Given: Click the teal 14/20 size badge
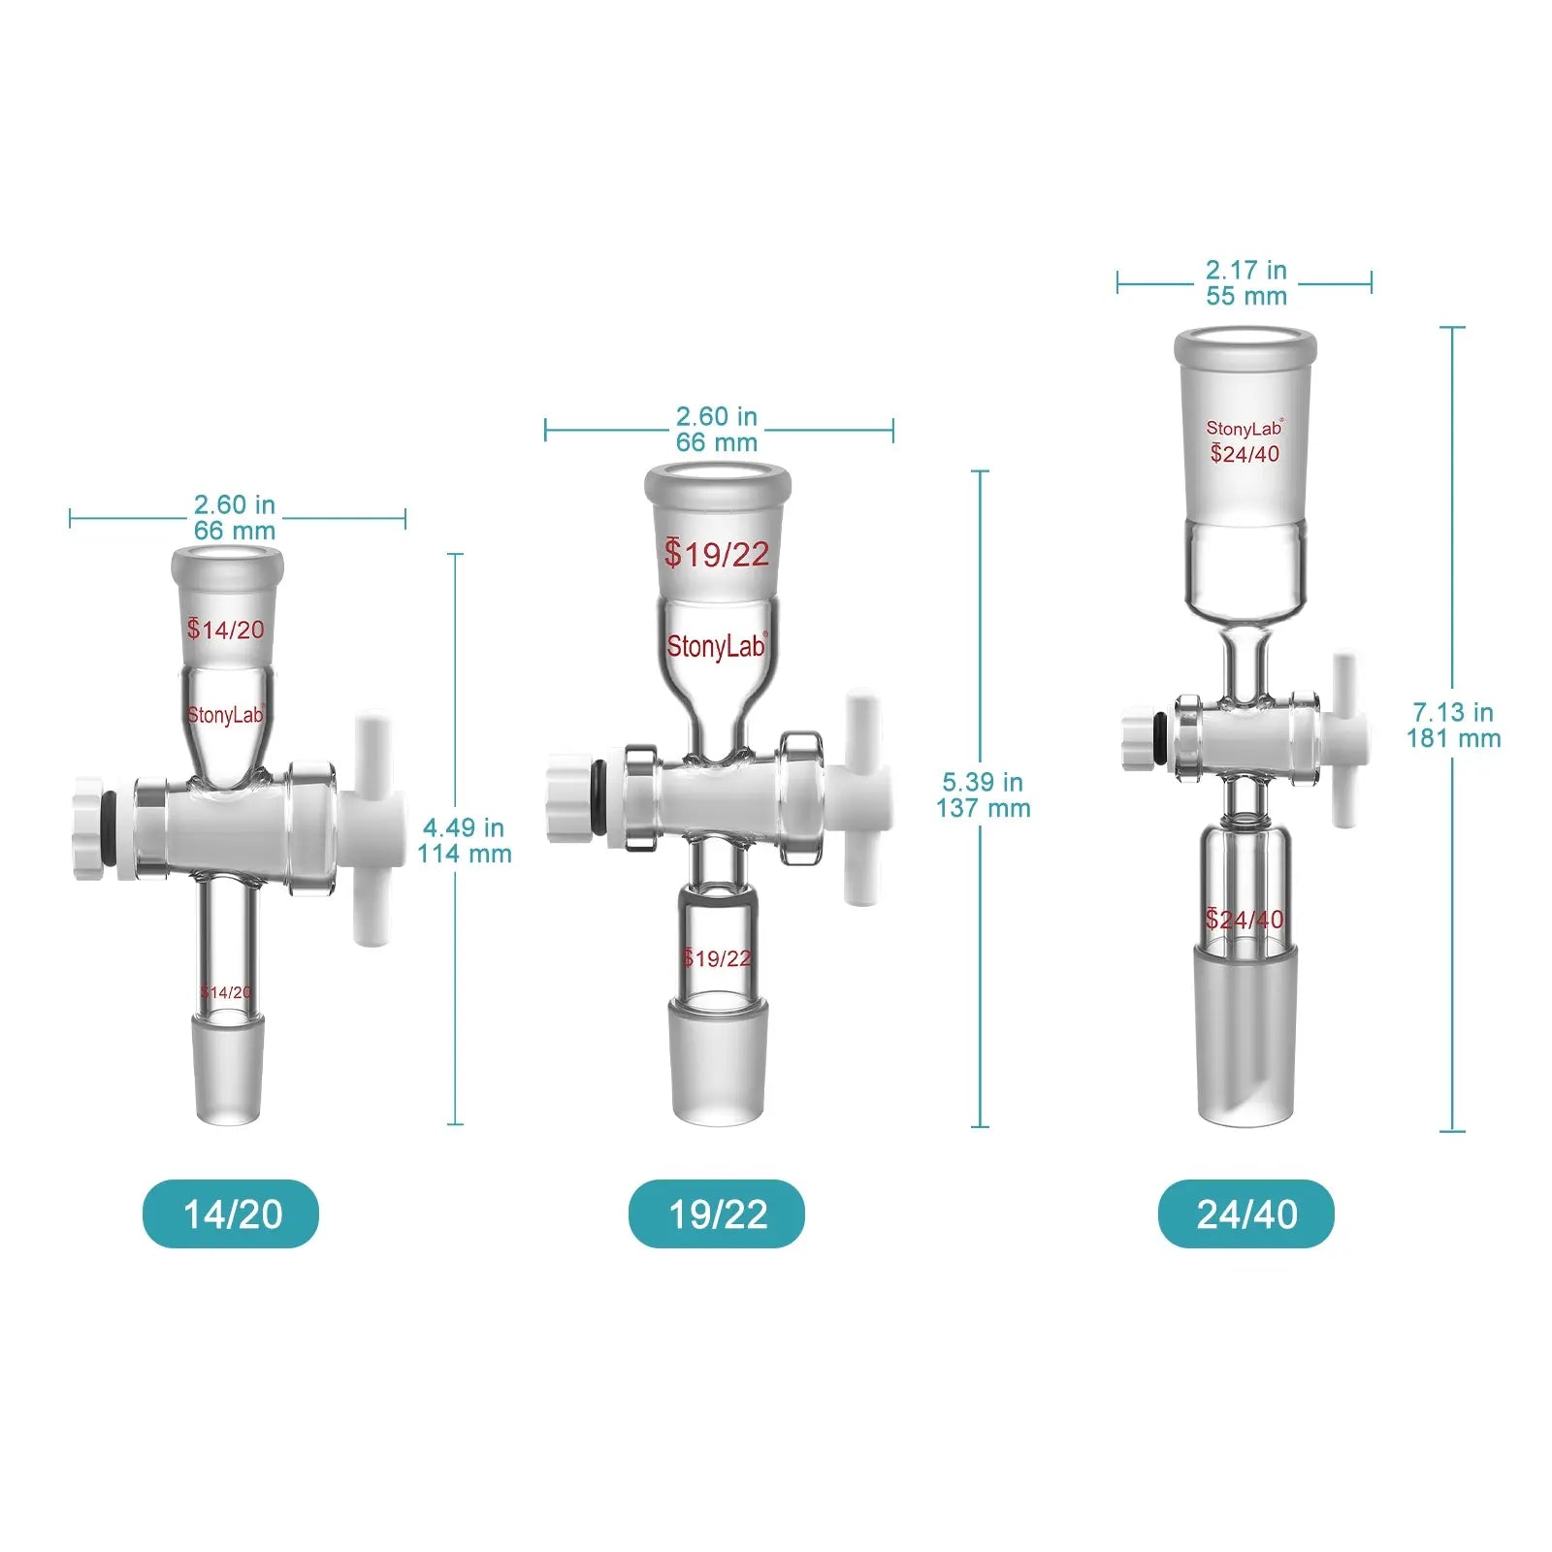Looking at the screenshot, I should click(x=231, y=1213).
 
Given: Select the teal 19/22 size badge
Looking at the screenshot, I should click(x=717, y=1213).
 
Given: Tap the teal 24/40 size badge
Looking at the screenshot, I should click(x=1245, y=1213).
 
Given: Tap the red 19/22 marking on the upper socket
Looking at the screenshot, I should click(x=717, y=554).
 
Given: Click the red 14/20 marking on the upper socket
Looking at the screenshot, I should click(x=226, y=630).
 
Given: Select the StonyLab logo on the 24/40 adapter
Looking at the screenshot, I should click(x=1245, y=428).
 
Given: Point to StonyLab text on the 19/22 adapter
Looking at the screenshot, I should click(x=716, y=646).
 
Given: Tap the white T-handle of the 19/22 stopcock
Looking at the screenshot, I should click(x=859, y=797).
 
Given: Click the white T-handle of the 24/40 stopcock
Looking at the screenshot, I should click(x=1344, y=739).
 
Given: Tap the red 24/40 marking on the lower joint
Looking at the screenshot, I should click(x=1245, y=919).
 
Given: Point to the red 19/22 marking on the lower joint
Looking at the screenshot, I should click(x=717, y=958).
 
